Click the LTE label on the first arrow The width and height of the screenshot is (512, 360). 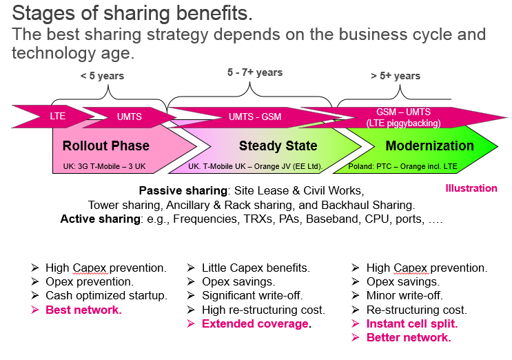(57, 116)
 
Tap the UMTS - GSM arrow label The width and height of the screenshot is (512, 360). (255, 117)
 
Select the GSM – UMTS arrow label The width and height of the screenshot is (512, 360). (403, 112)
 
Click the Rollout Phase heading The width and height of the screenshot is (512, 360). (106, 146)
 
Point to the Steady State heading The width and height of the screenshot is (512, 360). (278, 146)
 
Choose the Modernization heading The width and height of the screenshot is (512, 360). (429, 146)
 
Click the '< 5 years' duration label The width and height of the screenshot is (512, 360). (102, 76)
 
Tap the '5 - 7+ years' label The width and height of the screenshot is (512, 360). (255, 72)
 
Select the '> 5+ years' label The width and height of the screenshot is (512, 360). (396, 76)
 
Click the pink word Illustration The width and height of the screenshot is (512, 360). (471, 188)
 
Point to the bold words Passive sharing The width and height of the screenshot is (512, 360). (183, 190)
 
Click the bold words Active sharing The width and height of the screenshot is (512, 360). (100, 219)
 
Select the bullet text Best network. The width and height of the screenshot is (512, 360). (83, 310)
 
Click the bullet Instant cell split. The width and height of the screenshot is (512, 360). (412, 323)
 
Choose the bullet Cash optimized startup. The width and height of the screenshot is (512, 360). (106, 295)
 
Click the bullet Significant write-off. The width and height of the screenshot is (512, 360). (252, 295)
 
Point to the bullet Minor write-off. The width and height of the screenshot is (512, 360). (405, 295)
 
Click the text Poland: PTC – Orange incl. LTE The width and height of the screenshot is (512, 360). (402, 166)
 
